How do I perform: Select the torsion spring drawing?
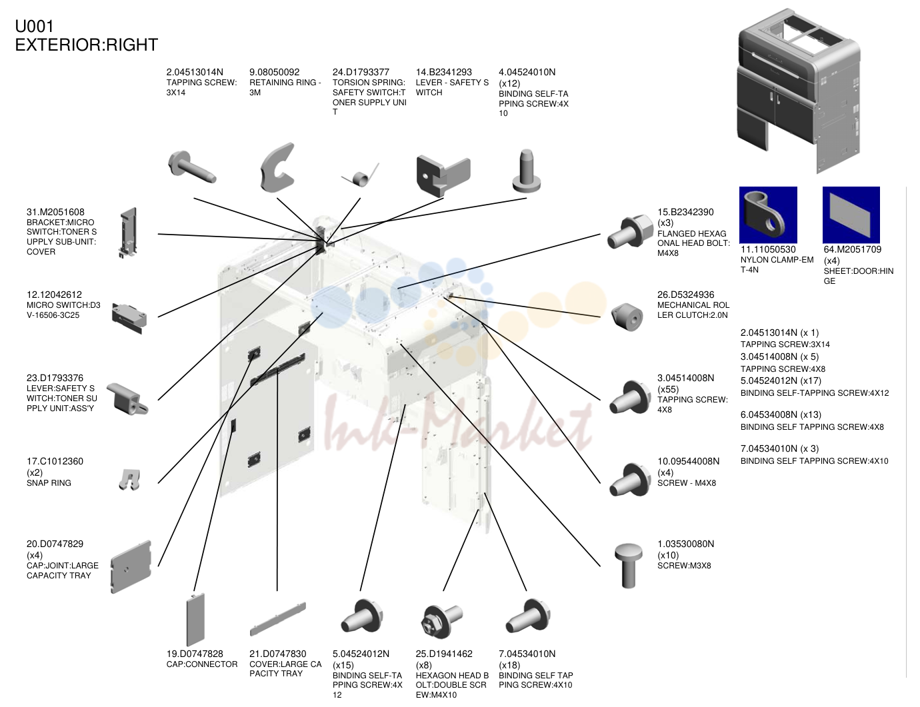[x=360, y=176]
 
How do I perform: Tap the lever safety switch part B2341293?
[x=443, y=176]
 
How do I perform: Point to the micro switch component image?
[x=129, y=318]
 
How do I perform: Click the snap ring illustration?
[x=129, y=479]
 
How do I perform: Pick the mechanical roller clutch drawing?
[x=627, y=317]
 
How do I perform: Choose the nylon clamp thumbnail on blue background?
[x=768, y=215]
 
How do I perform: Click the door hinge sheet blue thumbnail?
[x=851, y=215]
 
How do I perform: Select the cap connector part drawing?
[x=195, y=620]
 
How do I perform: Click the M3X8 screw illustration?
[x=629, y=566]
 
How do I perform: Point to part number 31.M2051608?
[x=55, y=212]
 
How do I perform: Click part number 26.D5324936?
[x=685, y=295]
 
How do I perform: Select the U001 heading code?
[x=34, y=26]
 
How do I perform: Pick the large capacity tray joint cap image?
[x=131, y=567]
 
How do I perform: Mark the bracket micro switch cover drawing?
[x=128, y=233]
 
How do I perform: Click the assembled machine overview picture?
[x=799, y=91]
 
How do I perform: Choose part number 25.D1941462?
[x=444, y=654]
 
